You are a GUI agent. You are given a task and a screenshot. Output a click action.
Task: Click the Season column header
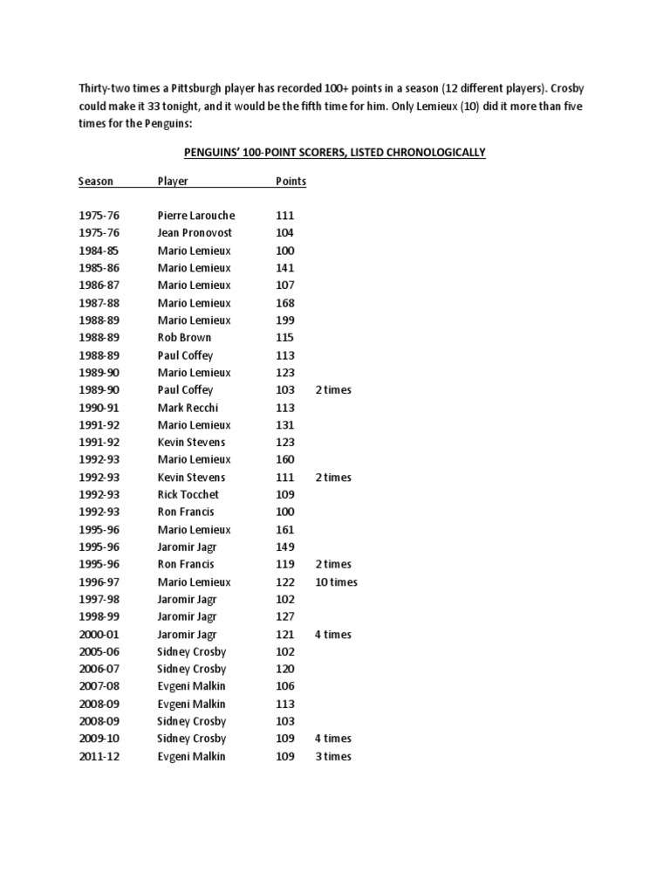pos(95,182)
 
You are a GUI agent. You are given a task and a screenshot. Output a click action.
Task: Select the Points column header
pos(291,182)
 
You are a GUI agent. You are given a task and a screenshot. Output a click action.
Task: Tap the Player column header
pos(173,182)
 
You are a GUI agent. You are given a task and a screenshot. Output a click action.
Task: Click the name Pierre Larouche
pos(196,216)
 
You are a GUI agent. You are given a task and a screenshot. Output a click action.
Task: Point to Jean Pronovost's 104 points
pos(284,233)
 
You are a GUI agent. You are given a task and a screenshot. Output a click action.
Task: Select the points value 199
pos(284,320)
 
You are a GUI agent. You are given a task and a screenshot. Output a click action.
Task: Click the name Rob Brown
pos(184,338)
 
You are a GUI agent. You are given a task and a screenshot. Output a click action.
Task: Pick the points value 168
pos(284,303)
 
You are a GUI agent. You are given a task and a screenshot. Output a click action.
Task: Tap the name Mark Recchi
pos(188,408)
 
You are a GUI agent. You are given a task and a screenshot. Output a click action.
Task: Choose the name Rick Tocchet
pos(188,495)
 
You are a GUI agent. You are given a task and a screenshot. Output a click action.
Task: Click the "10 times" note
pos(336,582)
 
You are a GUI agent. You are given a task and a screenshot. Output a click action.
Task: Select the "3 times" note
pos(333,757)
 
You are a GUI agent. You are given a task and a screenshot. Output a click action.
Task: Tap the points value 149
pos(284,547)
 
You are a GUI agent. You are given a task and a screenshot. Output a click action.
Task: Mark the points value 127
pos(284,617)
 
